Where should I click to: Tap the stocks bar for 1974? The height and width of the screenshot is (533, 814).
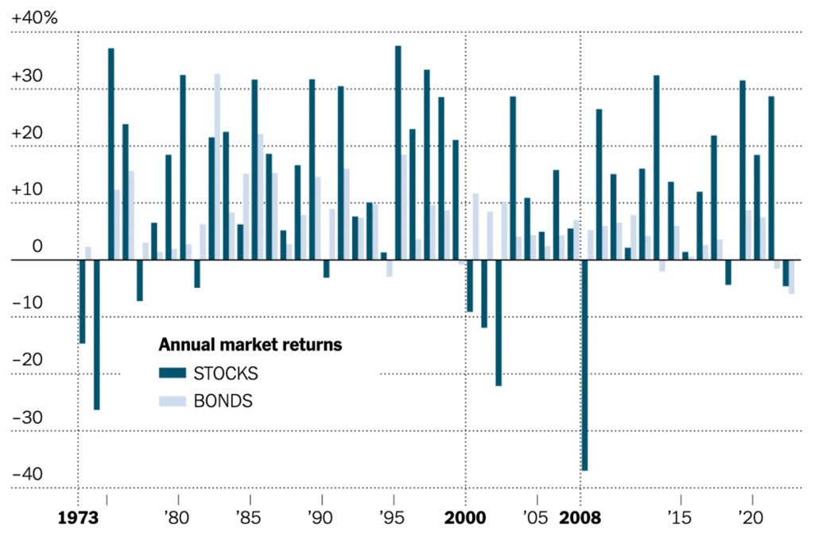pos(96,334)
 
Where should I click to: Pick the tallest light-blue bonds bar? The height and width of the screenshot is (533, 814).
pos(217,167)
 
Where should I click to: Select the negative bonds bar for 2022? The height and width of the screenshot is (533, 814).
pos(791,277)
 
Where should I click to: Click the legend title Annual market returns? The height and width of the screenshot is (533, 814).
pos(250,345)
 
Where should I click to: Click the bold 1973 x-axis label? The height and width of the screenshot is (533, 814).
pos(78,518)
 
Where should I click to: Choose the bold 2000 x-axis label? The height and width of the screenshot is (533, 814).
pos(466,518)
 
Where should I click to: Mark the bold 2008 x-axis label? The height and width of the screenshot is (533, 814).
pos(581,518)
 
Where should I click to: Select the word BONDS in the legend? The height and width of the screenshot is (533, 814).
pos(223,401)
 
